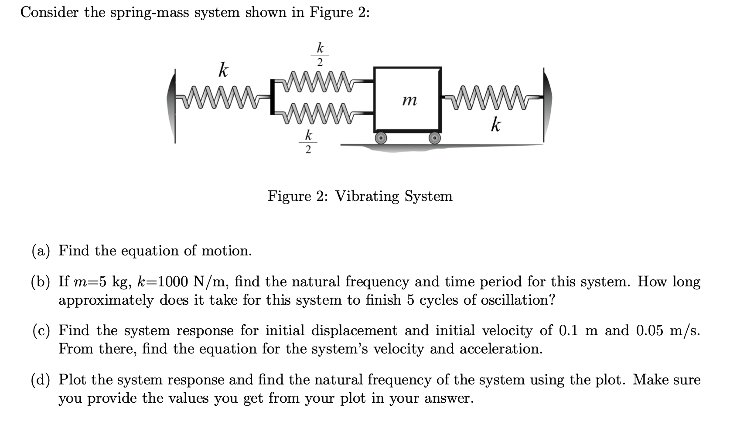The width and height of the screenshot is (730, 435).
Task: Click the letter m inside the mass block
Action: point(409,101)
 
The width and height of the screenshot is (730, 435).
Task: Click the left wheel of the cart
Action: point(381,138)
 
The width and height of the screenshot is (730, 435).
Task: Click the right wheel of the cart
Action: point(435,138)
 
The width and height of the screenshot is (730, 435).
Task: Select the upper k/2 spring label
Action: point(320,54)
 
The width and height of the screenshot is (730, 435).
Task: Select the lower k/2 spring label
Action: point(308,142)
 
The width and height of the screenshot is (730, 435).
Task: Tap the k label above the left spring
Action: point(223,70)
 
